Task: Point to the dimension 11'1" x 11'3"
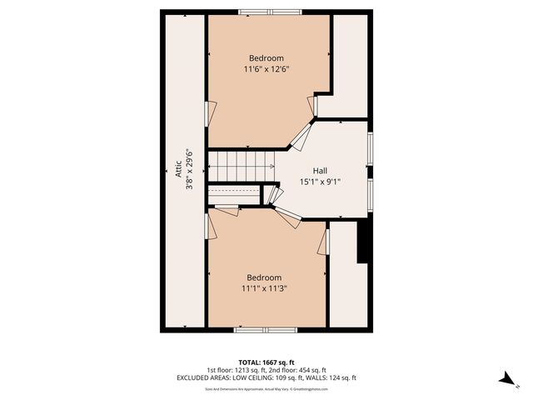[x=264, y=288]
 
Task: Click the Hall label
[x=320, y=169]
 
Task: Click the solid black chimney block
[x=363, y=242]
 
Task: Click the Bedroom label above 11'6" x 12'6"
[x=266, y=57]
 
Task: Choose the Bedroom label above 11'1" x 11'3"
[x=264, y=277]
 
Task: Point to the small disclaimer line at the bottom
[x=266, y=388]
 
